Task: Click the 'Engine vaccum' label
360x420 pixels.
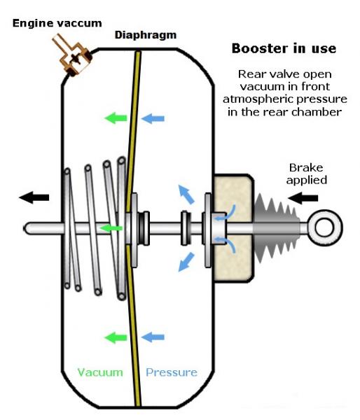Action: click(x=57, y=23)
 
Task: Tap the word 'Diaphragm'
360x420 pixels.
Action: click(x=146, y=35)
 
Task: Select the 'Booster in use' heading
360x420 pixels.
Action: click(x=284, y=48)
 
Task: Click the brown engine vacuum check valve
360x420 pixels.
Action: click(x=72, y=55)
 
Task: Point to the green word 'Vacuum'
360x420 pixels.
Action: click(x=100, y=372)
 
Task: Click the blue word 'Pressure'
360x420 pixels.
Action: click(x=172, y=372)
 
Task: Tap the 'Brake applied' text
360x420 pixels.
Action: click(x=306, y=174)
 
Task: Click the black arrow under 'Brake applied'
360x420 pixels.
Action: click(x=303, y=198)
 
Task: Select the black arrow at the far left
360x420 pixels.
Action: click(x=34, y=197)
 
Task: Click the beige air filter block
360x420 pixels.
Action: click(x=233, y=228)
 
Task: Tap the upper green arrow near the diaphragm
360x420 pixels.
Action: click(x=116, y=118)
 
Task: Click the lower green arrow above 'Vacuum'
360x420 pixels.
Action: click(x=116, y=337)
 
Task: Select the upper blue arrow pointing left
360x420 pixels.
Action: click(x=153, y=118)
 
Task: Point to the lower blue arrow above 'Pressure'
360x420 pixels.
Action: click(x=153, y=337)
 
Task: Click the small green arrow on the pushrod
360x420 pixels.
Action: click(x=111, y=228)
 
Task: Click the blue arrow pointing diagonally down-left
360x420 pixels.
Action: click(x=186, y=262)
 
